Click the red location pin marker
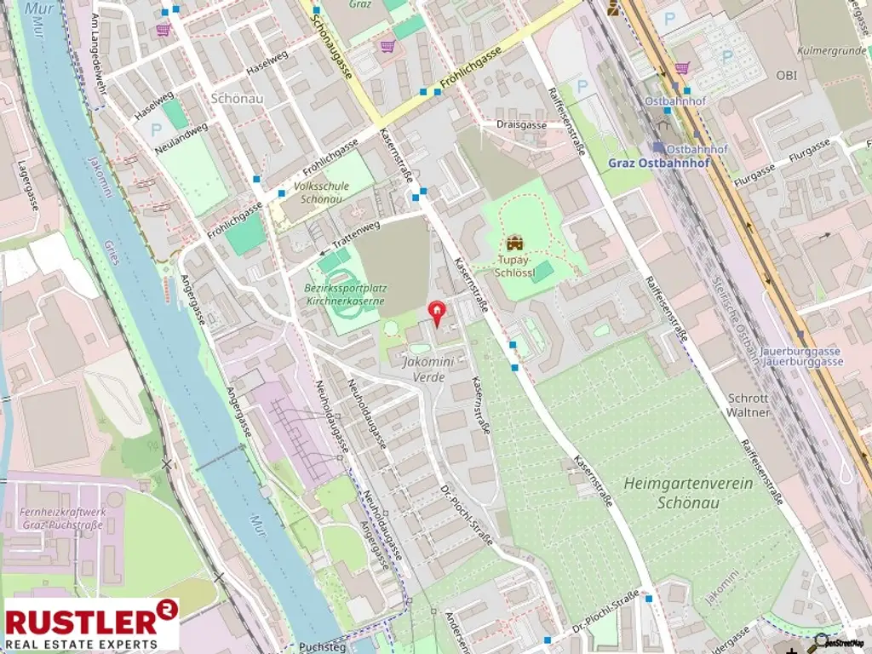pyautogui.click(x=437, y=313)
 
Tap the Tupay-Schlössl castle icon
pyautogui.click(x=513, y=244)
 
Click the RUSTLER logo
pyautogui.click(x=92, y=624)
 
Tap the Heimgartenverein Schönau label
pyautogui.click(x=683, y=492)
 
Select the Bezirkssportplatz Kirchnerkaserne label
pyautogui.click(x=345, y=295)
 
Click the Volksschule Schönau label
pyautogui.click(x=321, y=192)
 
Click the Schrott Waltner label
pyautogui.click(x=749, y=404)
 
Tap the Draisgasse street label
pyautogui.click(x=521, y=124)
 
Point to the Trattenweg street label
pyautogui.click(x=355, y=238)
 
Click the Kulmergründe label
pyautogui.click(x=831, y=50)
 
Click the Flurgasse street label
pyautogui.click(x=809, y=156)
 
